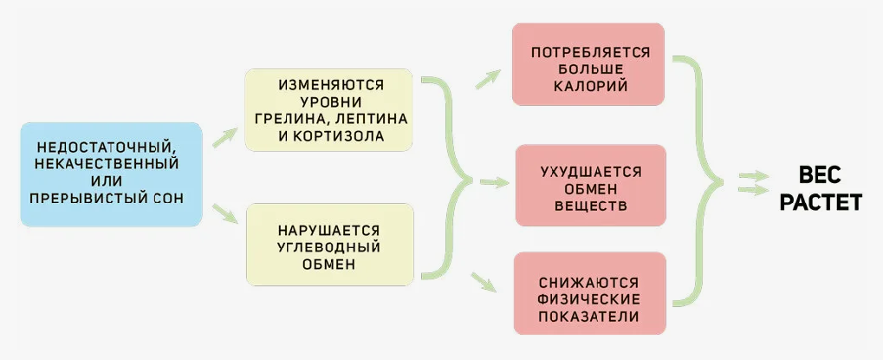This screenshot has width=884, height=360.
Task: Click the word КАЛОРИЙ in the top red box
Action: pyautogui.click(x=588, y=86)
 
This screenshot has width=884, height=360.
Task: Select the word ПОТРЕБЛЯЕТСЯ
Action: pyautogui.click(x=588, y=51)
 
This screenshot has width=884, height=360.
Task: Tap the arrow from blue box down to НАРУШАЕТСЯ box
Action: pyautogui.click(x=225, y=210)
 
